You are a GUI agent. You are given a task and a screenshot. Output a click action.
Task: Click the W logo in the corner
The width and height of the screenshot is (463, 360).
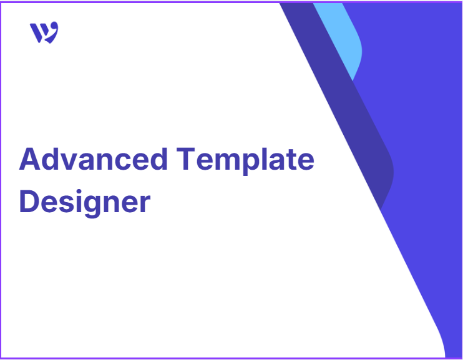point(44,32)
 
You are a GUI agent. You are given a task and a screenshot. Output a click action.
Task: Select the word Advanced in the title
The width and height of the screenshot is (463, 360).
point(94,159)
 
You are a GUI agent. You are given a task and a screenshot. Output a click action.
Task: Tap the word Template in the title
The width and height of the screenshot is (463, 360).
point(245,161)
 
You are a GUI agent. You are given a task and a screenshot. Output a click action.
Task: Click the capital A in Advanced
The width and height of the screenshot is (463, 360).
point(30,159)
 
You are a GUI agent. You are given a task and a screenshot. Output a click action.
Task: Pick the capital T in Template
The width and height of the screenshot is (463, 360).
point(186,159)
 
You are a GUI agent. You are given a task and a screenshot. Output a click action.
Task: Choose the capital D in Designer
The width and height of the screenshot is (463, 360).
point(29,201)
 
